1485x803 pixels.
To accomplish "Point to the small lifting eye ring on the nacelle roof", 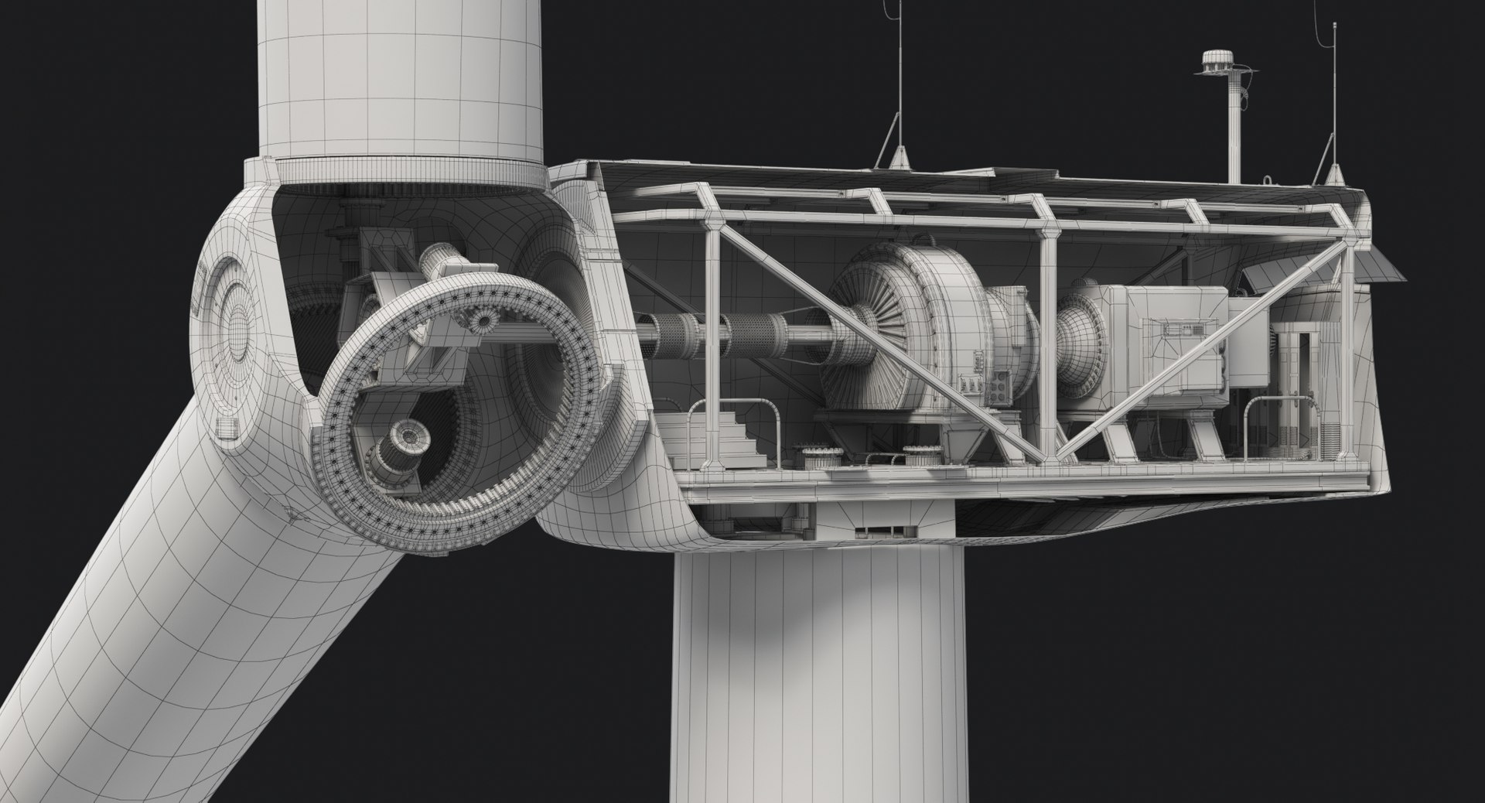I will pyautogui.click(x=1268, y=180).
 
